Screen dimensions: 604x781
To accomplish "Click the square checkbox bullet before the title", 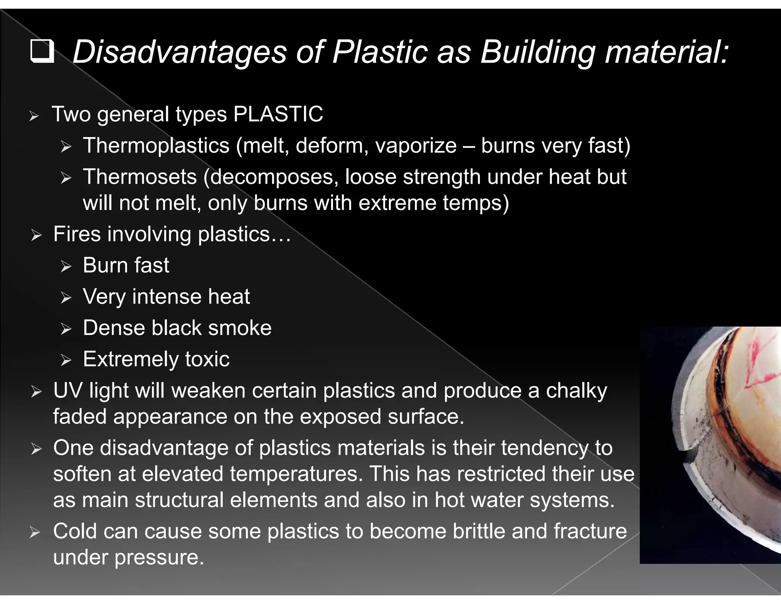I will (x=42, y=52).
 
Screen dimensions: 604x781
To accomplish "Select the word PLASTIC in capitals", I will (x=278, y=114).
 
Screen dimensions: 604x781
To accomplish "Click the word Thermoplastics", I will (x=156, y=145).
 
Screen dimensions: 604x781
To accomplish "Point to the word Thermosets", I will (x=140, y=177).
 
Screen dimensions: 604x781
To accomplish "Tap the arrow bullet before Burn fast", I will (x=66, y=266).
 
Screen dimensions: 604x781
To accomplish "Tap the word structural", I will (x=179, y=500).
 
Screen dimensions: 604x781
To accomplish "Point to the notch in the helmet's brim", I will (x=689, y=455).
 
